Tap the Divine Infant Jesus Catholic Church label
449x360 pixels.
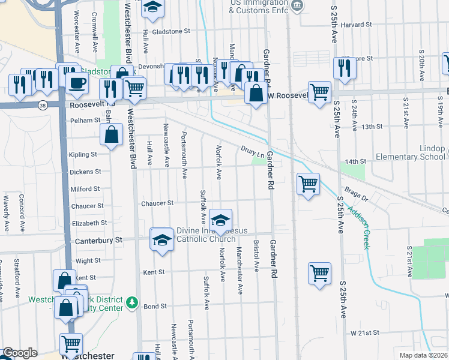[206, 235]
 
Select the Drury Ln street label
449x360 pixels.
[253, 149]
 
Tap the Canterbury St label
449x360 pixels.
[98, 239]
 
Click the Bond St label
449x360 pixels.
[155, 306]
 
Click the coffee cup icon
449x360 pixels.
[76, 83]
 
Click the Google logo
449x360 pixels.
[20, 353]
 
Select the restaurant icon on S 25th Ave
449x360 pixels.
[345, 68]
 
